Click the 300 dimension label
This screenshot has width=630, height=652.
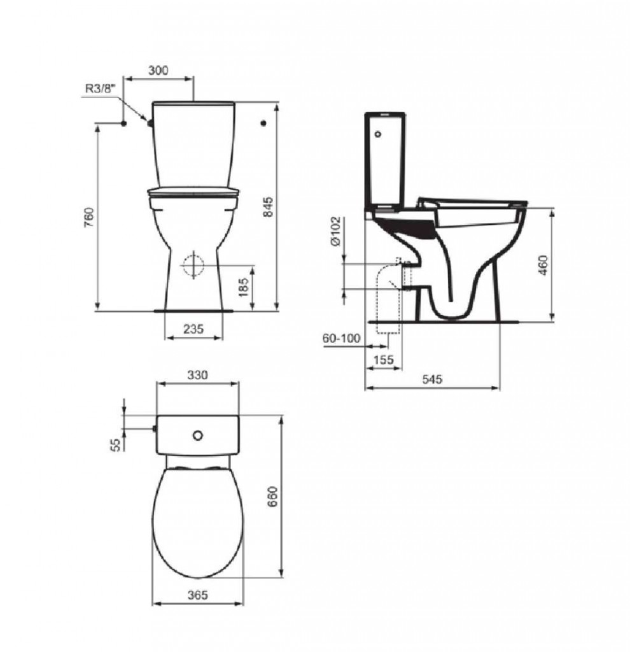point(158,70)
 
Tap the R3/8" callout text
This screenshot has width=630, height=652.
point(99,89)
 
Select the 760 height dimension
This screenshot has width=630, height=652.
point(89,217)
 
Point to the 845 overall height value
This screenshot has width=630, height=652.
point(269,206)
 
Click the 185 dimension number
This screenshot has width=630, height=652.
point(244,287)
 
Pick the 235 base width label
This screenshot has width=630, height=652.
point(193,329)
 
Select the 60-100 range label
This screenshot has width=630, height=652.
point(341,339)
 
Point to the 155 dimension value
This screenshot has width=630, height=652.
point(383,359)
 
